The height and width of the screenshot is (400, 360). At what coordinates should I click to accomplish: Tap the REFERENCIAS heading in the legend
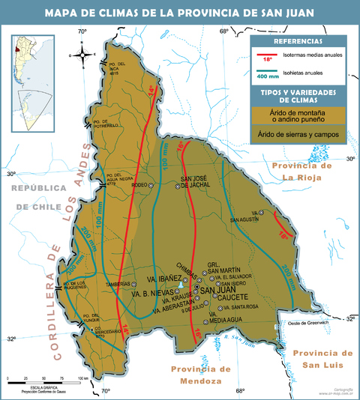pyautogui.click(x=298, y=41)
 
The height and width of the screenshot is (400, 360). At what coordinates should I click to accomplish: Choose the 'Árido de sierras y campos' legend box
pyautogui.click(x=298, y=135)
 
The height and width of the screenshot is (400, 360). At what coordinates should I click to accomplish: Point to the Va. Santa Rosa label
pyautogui.click(x=241, y=307)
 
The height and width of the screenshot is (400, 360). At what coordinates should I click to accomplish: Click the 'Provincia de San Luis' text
pyautogui.click(x=322, y=358)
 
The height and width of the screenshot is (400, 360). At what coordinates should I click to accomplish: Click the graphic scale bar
pyautogui.click(x=45, y=379)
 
